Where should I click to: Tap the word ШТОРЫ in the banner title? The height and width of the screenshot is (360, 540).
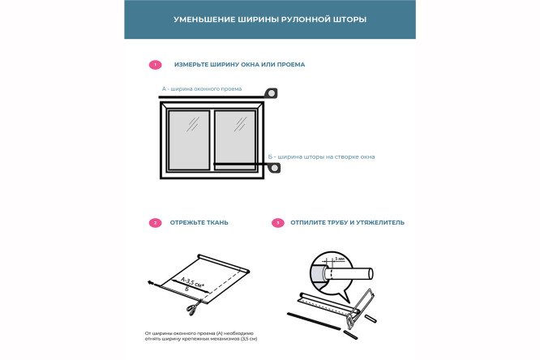[347, 19]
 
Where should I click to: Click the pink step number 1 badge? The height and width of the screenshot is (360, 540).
[155, 64]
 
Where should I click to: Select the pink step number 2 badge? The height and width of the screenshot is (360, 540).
[155, 222]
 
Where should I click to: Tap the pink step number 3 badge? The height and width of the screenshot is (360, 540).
[278, 222]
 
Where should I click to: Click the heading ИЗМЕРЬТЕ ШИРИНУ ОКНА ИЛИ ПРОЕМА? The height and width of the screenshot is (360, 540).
[239, 64]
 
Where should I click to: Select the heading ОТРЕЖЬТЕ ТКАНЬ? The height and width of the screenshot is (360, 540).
[199, 222]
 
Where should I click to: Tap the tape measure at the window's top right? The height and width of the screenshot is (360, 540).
[272, 93]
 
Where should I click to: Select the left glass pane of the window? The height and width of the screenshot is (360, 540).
[188, 139]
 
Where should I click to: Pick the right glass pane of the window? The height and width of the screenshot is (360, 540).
[235, 139]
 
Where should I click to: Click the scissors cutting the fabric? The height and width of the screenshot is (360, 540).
[192, 309]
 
